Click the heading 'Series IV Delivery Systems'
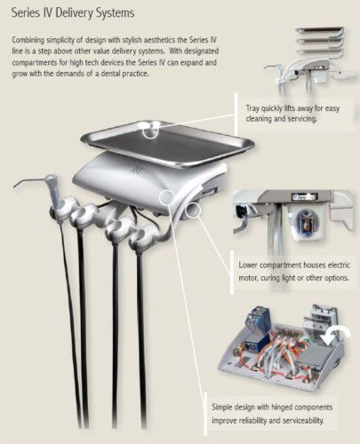coord(73,13)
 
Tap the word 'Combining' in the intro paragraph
coord(28,40)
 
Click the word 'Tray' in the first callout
coord(252,108)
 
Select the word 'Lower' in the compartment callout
coord(248,265)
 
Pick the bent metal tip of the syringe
coord(28,183)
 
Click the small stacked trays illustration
coord(321,42)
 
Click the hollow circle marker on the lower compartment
coord(193,210)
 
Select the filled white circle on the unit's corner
coord(166,197)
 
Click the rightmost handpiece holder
coord(143,235)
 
